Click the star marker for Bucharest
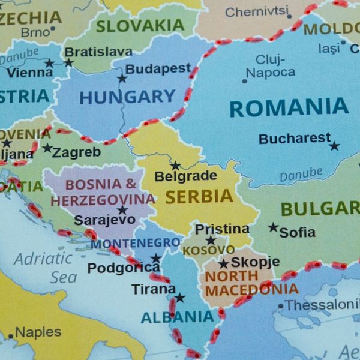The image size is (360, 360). [334, 146]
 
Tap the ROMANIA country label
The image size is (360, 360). [289, 108]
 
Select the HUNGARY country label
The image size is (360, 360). [127, 97]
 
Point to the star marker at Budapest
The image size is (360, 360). [122, 78]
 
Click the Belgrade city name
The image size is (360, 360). [185, 176]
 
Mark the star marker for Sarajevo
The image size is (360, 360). [122, 210]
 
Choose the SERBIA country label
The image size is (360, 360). [199, 196]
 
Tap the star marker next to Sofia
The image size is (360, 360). [273, 227]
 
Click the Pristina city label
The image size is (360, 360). [222, 229]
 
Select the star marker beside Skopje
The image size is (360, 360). [223, 263]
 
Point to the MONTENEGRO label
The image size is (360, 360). [135, 244]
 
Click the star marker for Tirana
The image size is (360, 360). [179, 298]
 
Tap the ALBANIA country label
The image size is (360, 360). [177, 317]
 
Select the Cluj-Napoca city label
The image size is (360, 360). [271, 66]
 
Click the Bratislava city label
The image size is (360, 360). [98, 52]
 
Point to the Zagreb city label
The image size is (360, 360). [76, 152]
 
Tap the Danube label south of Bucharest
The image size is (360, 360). [300, 175]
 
